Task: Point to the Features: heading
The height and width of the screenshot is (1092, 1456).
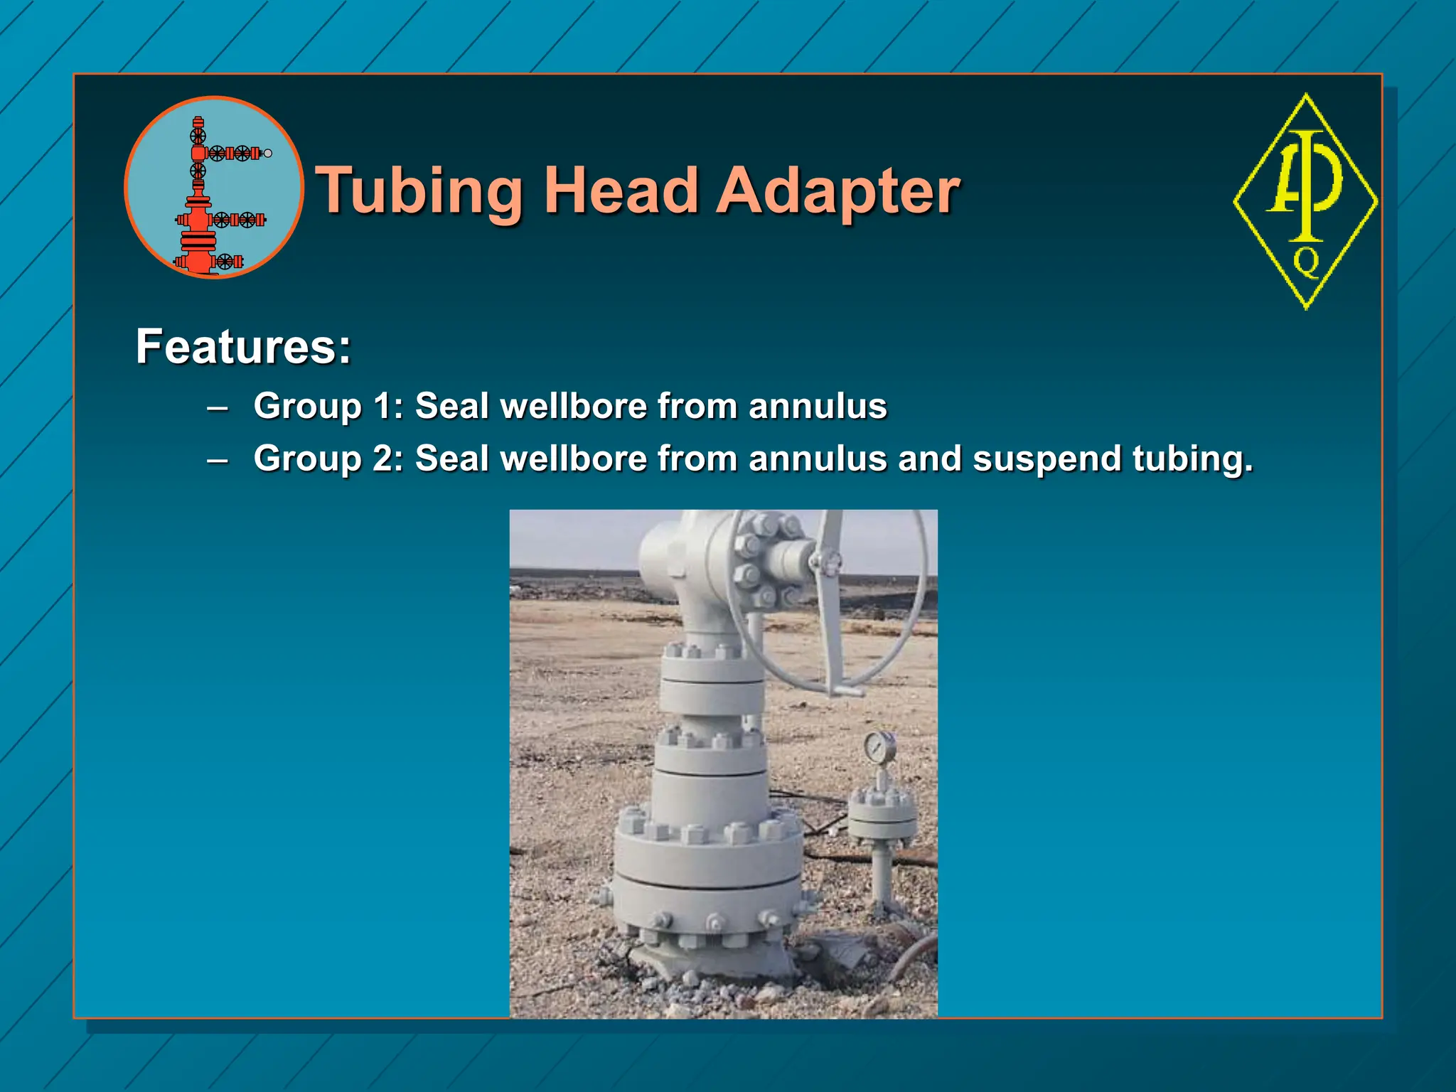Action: (243, 347)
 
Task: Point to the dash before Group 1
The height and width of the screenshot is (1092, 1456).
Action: (218, 408)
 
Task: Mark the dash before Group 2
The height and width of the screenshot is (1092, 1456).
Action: (218, 460)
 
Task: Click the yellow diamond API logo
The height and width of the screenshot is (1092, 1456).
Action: (1305, 202)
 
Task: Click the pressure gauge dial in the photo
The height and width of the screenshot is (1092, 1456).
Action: (879, 746)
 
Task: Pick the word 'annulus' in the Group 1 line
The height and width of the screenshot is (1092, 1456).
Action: (818, 406)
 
